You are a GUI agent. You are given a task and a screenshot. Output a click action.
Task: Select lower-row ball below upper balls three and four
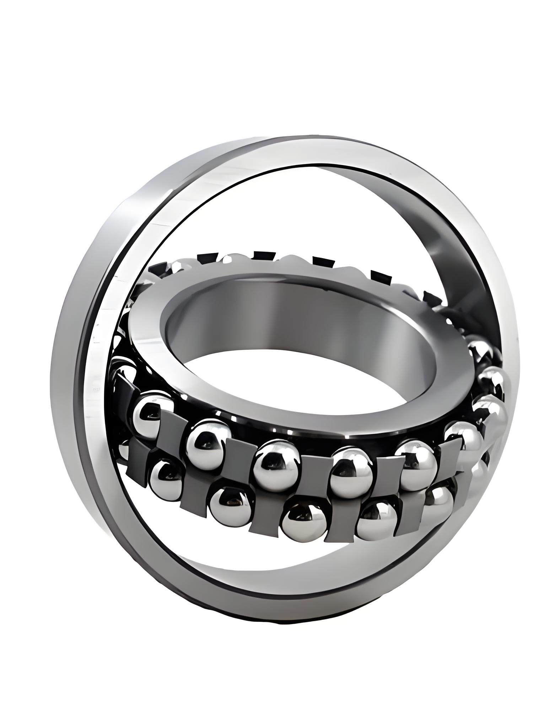[305, 522]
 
